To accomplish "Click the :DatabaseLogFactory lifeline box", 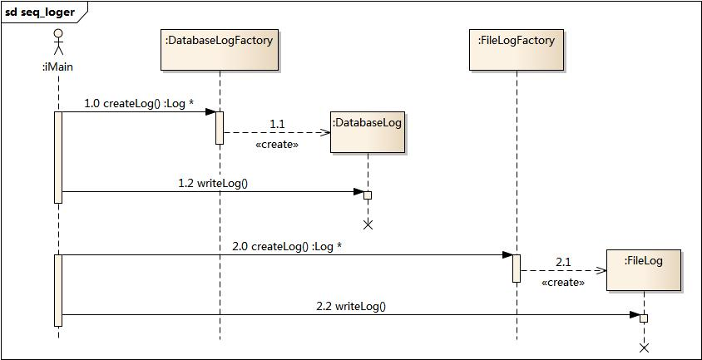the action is point(220,50).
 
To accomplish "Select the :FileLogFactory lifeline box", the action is point(517,50).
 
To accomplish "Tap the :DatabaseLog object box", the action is point(368,132).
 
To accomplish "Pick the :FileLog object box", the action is point(643,270).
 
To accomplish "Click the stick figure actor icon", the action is point(58,42).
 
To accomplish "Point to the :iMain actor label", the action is point(58,67).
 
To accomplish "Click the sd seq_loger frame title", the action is point(40,12).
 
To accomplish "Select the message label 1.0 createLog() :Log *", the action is point(139,103).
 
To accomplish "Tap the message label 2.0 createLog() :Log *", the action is point(288,246).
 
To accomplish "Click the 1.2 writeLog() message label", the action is point(213,183).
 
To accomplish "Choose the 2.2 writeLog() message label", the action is point(352,306).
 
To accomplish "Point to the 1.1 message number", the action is point(277,124).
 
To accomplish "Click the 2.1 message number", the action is point(563,263).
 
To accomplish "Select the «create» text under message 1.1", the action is point(277,145).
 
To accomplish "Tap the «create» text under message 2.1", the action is point(563,283).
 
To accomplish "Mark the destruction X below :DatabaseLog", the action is point(368,225).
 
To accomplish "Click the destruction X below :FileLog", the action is point(644,348).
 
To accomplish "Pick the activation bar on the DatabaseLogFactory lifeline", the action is point(220,128).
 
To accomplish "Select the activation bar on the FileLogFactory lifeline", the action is point(517,269).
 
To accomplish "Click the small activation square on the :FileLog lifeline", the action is point(644,318).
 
